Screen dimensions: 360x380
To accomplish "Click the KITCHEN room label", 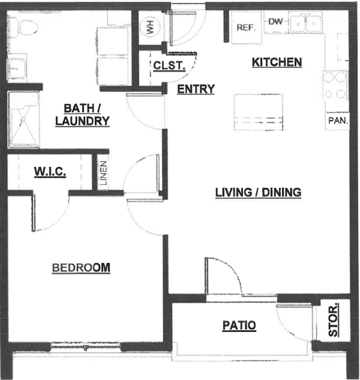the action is [x=277, y=62].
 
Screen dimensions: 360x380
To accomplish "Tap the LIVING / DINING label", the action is [x=258, y=193].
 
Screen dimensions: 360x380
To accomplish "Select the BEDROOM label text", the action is [x=81, y=267].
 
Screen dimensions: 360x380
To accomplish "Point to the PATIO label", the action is [x=239, y=325].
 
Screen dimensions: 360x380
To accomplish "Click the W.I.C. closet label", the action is [x=50, y=172].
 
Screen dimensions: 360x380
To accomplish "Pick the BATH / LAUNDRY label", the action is [x=82, y=115].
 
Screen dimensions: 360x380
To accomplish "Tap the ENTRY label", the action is [x=196, y=89].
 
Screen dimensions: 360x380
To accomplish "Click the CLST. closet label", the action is [x=169, y=66].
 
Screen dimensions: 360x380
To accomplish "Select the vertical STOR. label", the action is [x=333, y=319].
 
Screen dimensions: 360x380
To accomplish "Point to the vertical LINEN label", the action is [x=103, y=173].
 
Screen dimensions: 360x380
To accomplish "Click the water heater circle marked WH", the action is [x=150, y=27].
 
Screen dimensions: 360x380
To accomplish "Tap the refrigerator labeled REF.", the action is [x=247, y=27].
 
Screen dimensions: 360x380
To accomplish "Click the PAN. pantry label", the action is [x=338, y=120].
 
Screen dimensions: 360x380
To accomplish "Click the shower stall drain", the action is [x=23, y=120].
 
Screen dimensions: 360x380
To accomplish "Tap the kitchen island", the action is [x=258, y=112].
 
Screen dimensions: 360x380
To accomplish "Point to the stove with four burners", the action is [x=335, y=85].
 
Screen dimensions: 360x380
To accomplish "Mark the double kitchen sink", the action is [x=306, y=23].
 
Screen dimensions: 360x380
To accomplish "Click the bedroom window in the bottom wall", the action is [x=85, y=347].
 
